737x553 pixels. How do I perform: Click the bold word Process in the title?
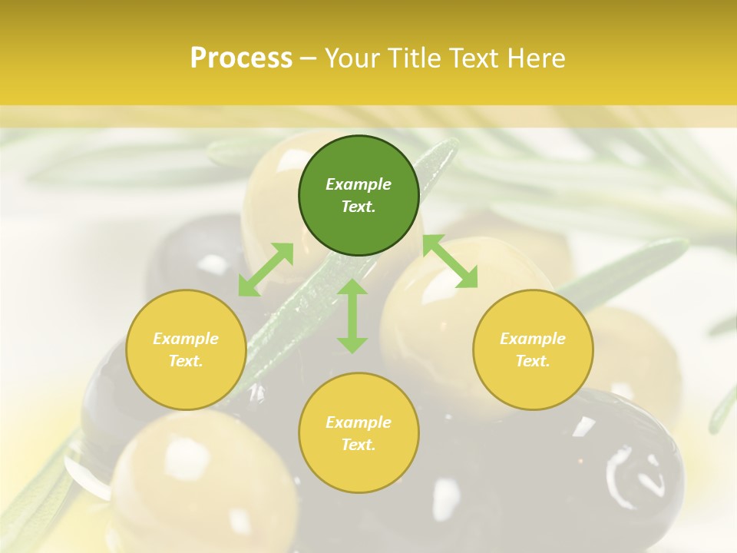tap(241, 58)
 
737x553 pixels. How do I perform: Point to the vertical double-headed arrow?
tap(352, 316)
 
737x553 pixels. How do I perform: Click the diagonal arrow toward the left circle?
tap(266, 270)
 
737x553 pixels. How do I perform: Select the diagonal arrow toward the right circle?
tap(450, 261)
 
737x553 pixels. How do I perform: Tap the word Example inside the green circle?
tap(359, 184)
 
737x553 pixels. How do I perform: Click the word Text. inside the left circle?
tap(186, 361)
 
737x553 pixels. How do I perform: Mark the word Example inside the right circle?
tap(533, 339)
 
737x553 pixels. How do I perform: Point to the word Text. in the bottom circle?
tap(359, 445)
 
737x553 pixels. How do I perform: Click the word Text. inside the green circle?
tap(359, 207)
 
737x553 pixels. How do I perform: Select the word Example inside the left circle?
tap(186, 339)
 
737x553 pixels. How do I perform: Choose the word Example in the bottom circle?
tap(359, 422)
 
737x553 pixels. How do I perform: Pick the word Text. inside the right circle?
tap(533, 361)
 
